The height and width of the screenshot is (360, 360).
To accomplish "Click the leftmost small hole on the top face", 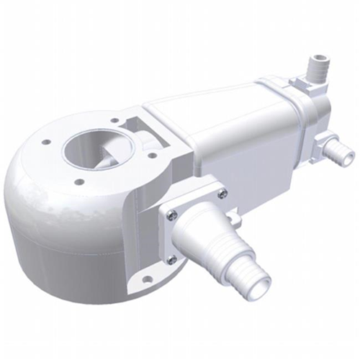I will point(46,143).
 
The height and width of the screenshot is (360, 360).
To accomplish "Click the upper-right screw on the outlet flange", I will point(222,193).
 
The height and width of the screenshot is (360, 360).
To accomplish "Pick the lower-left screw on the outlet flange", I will point(171,259).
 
